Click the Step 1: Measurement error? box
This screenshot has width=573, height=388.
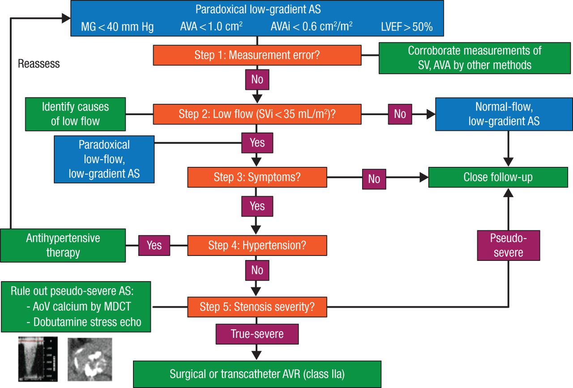[x=257, y=55]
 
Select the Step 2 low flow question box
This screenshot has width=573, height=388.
[x=257, y=114]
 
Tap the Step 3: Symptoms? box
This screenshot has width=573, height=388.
[x=257, y=177]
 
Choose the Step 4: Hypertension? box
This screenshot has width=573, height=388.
[x=257, y=245]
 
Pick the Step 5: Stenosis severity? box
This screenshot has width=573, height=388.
[x=257, y=307]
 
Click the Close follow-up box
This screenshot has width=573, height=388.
[x=498, y=177]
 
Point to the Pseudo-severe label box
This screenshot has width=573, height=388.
[x=509, y=246]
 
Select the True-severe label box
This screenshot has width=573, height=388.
[x=257, y=334]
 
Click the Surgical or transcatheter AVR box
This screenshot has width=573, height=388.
[x=257, y=374]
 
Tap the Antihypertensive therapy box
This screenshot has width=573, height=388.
[x=63, y=245]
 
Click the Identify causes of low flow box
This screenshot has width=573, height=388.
[x=75, y=114]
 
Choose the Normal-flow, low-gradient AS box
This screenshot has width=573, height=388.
[x=504, y=114]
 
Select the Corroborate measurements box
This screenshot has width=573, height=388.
[x=475, y=58]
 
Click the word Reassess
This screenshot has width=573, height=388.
[x=39, y=64]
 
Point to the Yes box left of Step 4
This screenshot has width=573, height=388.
[x=154, y=245]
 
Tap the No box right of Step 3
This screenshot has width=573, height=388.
[x=374, y=179]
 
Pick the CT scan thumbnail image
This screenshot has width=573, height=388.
[x=90, y=359]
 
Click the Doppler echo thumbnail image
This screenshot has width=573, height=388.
[x=38, y=359]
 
